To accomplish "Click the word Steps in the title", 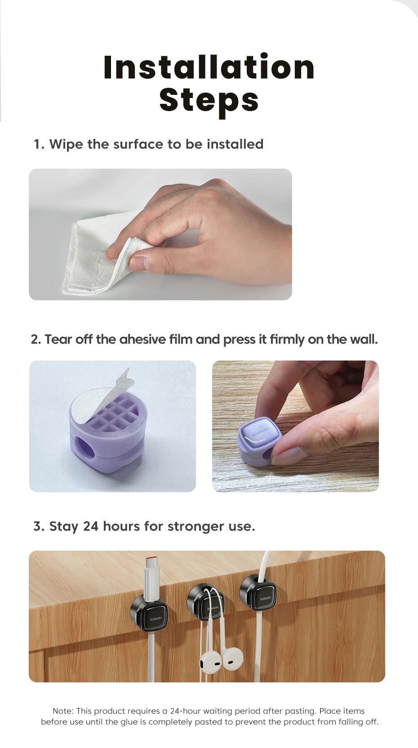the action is (209, 100).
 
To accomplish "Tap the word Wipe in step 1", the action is (66, 144).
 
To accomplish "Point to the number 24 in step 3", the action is (90, 526).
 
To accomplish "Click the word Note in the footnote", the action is (63, 711).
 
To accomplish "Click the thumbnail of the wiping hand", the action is (160, 234).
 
